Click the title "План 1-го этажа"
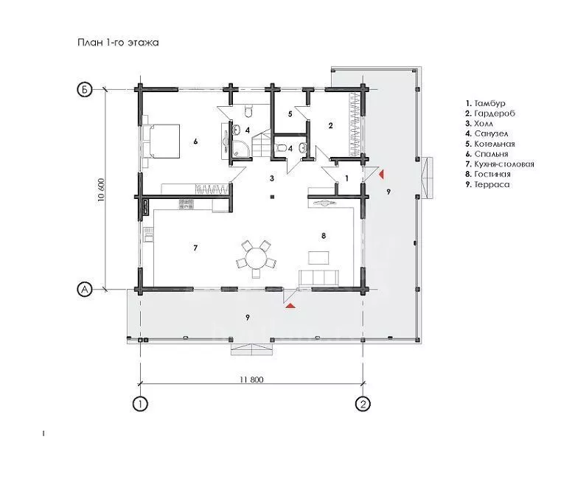click(118, 43)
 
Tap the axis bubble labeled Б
click(84, 89)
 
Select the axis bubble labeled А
click(84, 289)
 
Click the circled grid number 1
click(140, 404)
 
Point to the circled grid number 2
click(363, 404)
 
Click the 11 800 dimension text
click(251, 380)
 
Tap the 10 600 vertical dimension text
click(102, 189)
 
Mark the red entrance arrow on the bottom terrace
click(291, 306)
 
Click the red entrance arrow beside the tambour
click(381, 174)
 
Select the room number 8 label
click(324, 236)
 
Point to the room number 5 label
click(290, 114)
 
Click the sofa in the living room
click(318, 278)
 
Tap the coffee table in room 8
click(318, 257)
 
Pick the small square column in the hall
click(272, 197)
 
